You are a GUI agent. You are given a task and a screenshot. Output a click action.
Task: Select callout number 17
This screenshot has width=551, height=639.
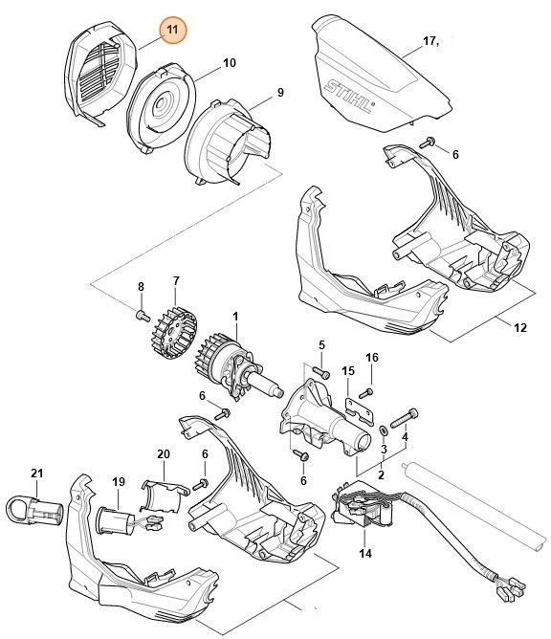430,40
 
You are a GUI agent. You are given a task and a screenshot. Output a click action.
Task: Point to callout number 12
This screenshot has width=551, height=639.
519,327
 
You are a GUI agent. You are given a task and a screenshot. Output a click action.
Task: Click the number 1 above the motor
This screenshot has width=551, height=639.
234,316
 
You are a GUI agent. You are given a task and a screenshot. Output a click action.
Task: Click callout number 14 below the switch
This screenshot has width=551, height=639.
364,554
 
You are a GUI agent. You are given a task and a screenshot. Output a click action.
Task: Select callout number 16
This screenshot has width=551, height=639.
372,358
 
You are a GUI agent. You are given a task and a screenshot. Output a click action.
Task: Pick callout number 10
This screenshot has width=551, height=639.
229,63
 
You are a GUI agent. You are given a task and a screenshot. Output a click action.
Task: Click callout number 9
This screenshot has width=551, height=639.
280,93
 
